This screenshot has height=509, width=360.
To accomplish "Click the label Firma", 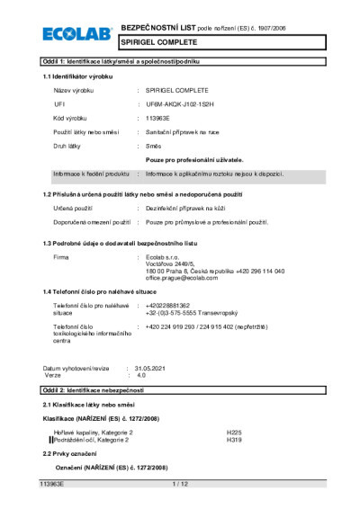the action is tap(61, 257).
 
